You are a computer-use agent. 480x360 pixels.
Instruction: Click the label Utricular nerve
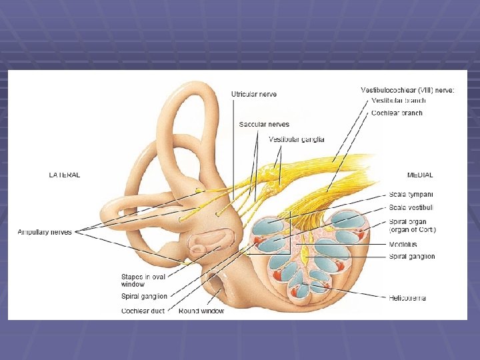(x=254, y=95)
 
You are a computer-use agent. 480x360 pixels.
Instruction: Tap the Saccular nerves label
(x=264, y=125)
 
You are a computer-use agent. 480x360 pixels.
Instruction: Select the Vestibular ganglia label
(x=297, y=139)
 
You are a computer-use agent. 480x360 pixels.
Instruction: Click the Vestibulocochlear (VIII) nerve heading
(x=407, y=90)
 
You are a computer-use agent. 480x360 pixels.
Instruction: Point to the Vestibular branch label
(x=399, y=101)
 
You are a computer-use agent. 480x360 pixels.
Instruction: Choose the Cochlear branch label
(x=397, y=113)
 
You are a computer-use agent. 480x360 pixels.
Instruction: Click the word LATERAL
(x=65, y=175)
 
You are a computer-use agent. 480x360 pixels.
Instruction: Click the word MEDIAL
(x=420, y=175)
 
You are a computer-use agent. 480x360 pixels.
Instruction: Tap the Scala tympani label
(x=411, y=195)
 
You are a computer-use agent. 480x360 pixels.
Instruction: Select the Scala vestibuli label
(x=411, y=208)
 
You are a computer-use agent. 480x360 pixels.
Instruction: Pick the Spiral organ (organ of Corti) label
(x=413, y=226)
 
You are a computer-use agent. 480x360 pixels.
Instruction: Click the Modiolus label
(x=403, y=245)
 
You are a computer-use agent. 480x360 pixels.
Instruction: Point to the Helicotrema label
(x=407, y=298)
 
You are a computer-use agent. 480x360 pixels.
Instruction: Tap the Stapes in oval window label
(x=143, y=280)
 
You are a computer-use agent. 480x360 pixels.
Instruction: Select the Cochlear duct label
(x=143, y=311)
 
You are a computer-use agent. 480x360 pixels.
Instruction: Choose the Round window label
(x=201, y=311)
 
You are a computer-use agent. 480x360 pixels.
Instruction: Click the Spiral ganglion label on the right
(x=412, y=257)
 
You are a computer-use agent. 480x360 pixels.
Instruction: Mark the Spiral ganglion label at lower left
(x=144, y=297)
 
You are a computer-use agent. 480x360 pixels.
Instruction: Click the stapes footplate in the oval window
(x=199, y=249)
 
